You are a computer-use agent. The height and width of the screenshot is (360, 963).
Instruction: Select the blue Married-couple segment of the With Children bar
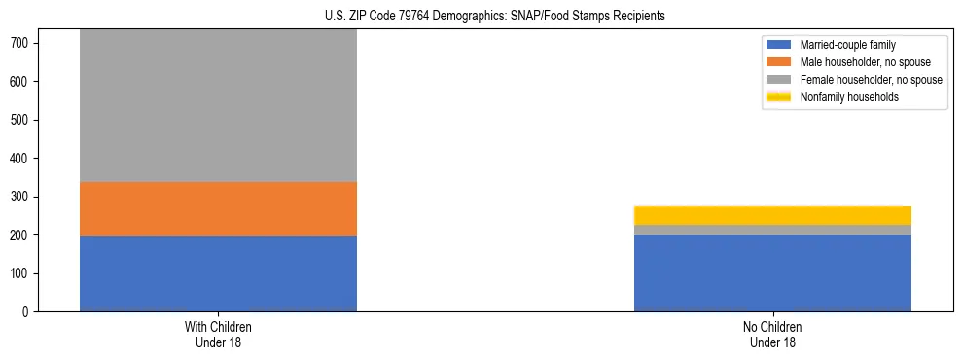[x=218, y=273]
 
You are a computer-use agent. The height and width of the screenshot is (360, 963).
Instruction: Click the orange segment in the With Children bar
[x=218, y=209]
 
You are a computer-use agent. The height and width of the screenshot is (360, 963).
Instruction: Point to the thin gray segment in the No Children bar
[x=772, y=230]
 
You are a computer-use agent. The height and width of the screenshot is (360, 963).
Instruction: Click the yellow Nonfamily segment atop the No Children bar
[x=772, y=215]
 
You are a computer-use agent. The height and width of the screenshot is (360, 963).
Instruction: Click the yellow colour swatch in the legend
[x=779, y=97]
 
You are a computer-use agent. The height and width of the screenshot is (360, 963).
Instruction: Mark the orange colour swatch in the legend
[x=779, y=62]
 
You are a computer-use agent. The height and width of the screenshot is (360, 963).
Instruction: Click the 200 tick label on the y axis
[x=25, y=235]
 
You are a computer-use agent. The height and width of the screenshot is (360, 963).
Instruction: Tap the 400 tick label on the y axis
[x=25, y=159]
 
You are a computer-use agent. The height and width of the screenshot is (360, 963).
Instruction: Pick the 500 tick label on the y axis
[x=25, y=120]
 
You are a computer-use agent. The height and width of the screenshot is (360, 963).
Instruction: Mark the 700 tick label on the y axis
[x=25, y=43]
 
